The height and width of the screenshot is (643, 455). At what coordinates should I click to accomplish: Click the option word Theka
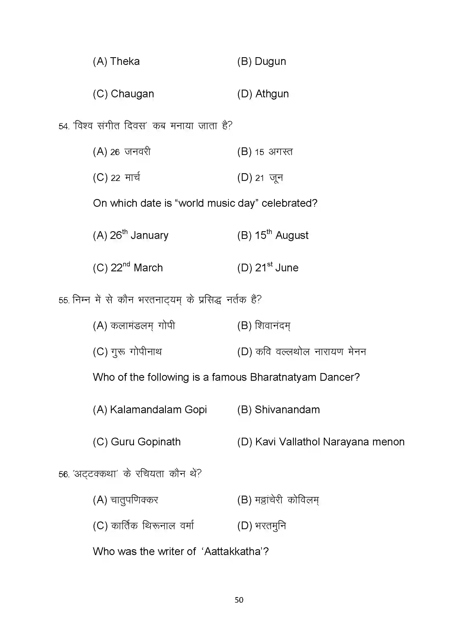coord(125,61)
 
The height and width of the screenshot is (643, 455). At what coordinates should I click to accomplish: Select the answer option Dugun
coord(270,61)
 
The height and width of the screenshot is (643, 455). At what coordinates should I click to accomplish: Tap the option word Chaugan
coord(132,94)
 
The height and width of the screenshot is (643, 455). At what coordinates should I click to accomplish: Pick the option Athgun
coord(272,94)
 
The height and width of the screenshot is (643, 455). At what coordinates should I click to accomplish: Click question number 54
coord(64,126)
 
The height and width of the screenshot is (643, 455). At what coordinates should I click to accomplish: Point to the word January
coord(149,235)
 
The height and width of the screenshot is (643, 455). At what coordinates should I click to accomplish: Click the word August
coord(292,235)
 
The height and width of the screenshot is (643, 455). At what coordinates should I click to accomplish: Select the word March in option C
coord(148,268)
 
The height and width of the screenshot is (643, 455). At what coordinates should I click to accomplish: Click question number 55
coord(64,300)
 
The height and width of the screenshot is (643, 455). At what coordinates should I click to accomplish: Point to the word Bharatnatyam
coord(283,377)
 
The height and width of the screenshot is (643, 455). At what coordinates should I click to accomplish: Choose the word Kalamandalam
coord(146,410)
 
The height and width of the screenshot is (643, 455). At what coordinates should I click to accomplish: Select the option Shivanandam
coord(287,410)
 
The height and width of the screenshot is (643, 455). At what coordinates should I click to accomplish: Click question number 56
coord(64,474)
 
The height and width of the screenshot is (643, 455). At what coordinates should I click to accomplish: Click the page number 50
coord(239,600)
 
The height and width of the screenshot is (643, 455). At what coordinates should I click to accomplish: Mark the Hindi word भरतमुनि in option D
coord(270,526)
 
